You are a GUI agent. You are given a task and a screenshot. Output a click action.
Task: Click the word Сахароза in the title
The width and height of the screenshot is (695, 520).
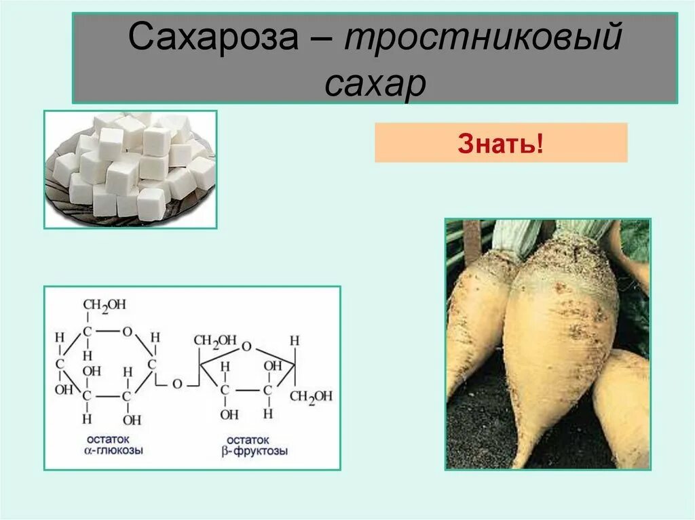pyautogui.click(x=213, y=39)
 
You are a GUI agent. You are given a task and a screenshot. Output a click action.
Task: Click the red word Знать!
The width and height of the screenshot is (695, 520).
pyautogui.click(x=500, y=144)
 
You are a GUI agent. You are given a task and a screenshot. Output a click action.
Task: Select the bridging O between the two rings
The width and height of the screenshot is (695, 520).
pyautogui.click(x=176, y=384)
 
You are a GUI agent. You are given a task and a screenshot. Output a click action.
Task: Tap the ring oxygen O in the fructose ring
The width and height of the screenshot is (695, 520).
pyautogui.click(x=246, y=347)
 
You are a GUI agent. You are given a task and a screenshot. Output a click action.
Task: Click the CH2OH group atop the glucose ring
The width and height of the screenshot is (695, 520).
pyautogui.click(x=105, y=305)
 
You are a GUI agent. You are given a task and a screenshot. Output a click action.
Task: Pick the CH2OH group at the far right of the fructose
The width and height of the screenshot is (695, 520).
pyautogui.click(x=311, y=396)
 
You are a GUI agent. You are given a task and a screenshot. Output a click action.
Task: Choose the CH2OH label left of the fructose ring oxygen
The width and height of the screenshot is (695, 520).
pyautogui.click(x=215, y=340)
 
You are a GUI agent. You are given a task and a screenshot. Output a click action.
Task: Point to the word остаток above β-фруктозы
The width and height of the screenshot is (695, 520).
pyautogui.click(x=248, y=439)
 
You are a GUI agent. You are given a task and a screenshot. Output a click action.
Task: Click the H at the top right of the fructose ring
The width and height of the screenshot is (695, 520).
pyautogui.click(x=295, y=340)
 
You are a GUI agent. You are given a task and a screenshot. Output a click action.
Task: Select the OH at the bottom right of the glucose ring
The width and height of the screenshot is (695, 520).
pyautogui.click(x=133, y=419)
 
